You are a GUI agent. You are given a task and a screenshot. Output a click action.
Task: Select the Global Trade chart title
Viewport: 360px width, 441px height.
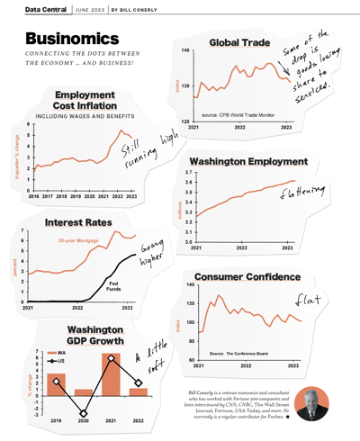click(242, 42)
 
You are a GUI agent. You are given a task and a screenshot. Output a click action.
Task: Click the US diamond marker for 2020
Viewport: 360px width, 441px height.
click(84, 414)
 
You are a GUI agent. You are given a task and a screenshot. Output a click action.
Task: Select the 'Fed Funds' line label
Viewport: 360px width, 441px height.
click(128, 287)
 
